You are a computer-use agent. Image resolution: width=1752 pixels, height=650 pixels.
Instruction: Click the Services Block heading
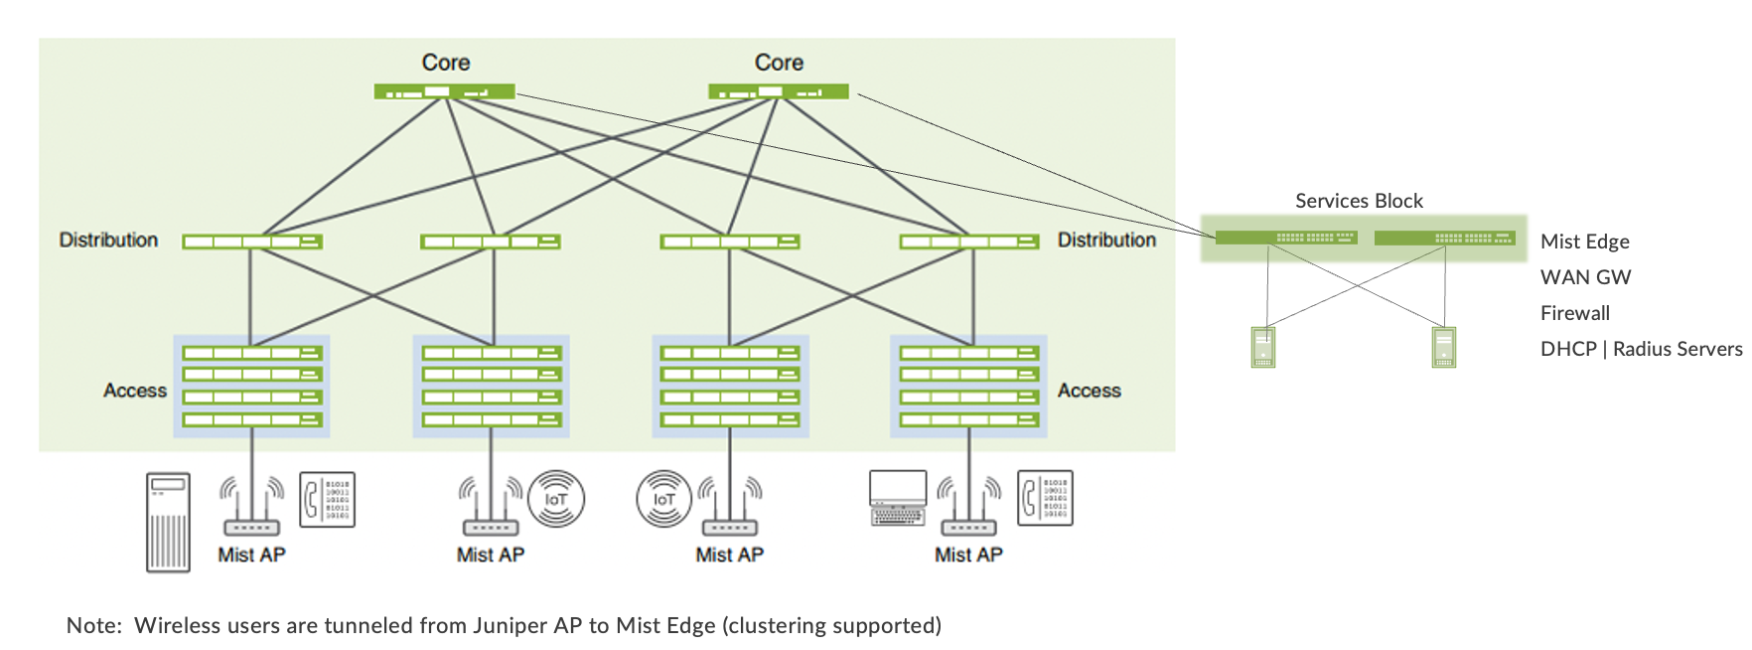(x=1359, y=201)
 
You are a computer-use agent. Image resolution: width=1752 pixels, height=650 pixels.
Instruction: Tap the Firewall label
(x=1574, y=313)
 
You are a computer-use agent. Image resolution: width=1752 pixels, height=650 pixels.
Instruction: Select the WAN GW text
(x=1585, y=277)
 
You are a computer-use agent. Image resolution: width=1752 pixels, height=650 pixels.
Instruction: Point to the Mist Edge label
(x=1584, y=242)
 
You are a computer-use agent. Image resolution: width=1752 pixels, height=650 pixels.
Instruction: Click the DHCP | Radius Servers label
(x=1641, y=349)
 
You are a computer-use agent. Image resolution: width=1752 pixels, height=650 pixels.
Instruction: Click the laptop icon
(x=898, y=498)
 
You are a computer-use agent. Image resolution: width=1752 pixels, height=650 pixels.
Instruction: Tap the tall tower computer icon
(x=168, y=522)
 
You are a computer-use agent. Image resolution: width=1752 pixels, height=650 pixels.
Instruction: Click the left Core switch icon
(x=444, y=91)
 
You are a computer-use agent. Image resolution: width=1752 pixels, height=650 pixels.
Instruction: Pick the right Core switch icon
(x=779, y=91)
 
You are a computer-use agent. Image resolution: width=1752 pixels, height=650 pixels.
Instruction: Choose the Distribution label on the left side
(x=108, y=241)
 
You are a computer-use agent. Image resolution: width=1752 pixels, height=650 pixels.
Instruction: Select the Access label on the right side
(x=1089, y=391)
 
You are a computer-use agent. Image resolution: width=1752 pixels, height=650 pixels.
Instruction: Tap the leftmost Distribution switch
(x=252, y=242)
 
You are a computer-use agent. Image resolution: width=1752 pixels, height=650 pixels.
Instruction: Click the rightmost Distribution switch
(x=968, y=242)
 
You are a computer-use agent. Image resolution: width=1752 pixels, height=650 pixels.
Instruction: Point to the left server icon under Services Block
(x=1262, y=348)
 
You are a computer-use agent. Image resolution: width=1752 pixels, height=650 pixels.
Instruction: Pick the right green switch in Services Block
(x=1444, y=238)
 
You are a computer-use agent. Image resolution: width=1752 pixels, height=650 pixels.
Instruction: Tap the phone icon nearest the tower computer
(x=327, y=499)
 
